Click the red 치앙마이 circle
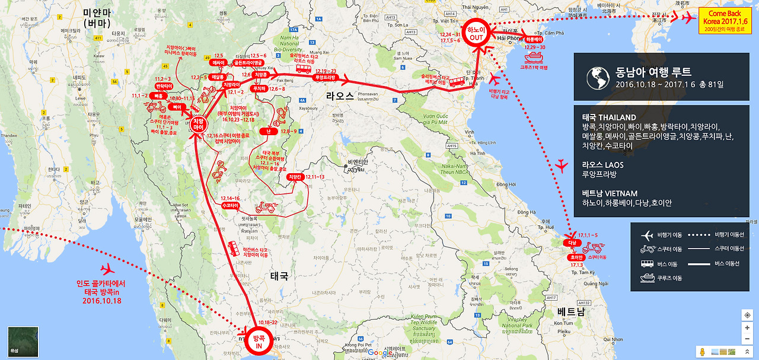[199, 123]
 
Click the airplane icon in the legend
[647, 235]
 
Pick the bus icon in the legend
[647, 264]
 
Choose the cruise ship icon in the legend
[647, 278]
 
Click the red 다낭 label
[572, 243]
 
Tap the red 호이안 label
[577, 257]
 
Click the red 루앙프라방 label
[324, 77]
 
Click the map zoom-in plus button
[747, 327]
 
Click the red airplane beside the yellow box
[687, 19]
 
